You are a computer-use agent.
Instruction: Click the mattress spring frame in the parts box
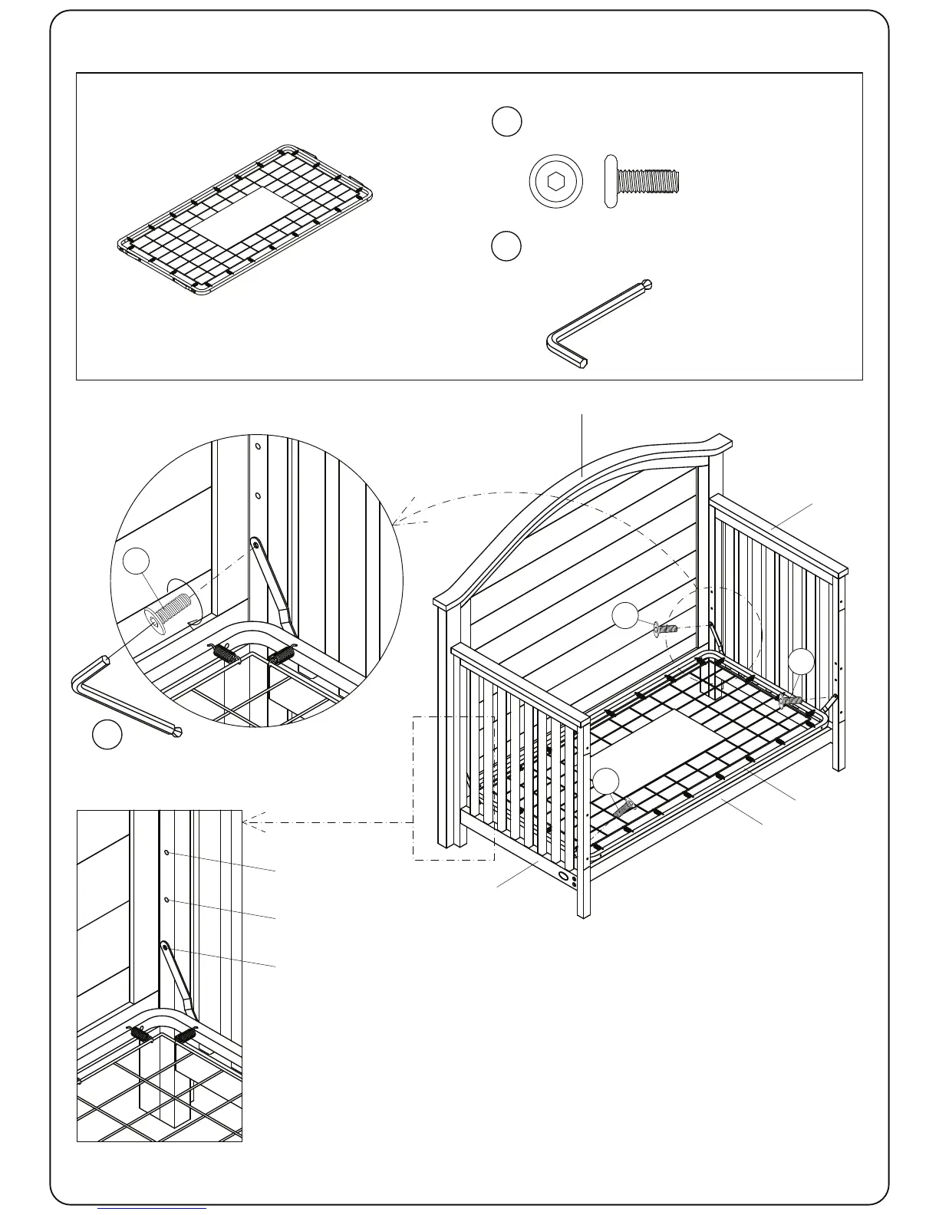[x=245, y=221]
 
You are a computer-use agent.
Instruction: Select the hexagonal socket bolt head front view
[x=554, y=183]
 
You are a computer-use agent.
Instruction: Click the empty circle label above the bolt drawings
[x=506, y=121]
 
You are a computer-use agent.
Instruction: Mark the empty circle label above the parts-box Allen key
[x=506, y=245]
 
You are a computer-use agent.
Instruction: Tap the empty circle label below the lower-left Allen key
[x=107, y=734]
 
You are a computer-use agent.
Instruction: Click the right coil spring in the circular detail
[x=280, y=656]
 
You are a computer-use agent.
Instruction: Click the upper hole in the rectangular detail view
[x=167, y=853]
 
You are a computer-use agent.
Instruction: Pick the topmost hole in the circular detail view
[x=258, y=445]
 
